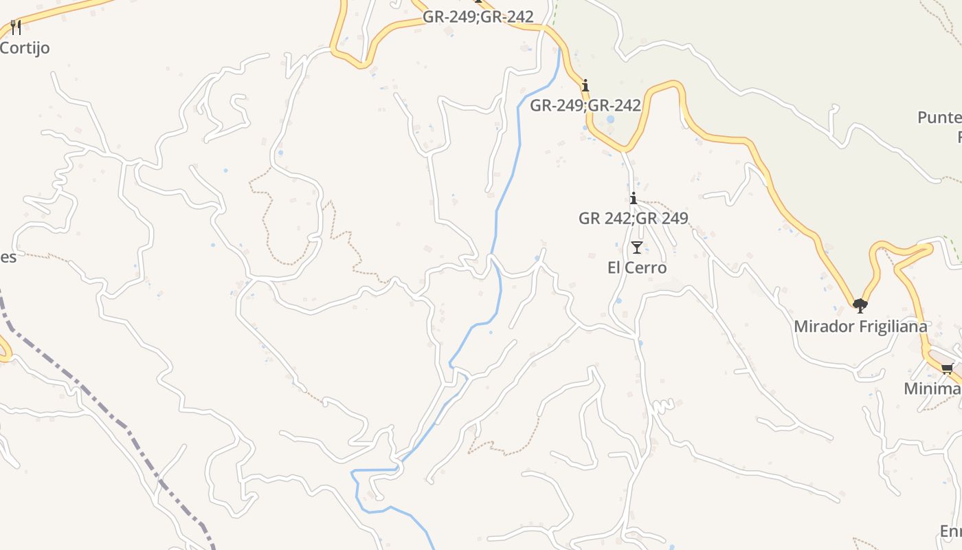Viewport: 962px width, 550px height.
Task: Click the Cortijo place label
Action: point(25,48)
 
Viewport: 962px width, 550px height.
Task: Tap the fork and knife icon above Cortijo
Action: point(16,27)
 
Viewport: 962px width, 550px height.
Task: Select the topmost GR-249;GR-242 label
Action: point(478,16)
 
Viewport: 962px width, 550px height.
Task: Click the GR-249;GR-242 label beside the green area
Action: point(585,105)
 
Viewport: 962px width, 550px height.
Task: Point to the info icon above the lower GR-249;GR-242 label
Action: point(585,86)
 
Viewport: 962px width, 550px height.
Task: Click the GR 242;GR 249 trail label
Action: point(633,218)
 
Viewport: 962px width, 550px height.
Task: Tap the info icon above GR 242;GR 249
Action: point(633,199)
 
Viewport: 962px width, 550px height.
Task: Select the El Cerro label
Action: point(637,267)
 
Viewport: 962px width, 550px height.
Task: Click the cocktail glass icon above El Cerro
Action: point(637,247)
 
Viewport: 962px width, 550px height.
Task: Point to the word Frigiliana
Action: point(893,326)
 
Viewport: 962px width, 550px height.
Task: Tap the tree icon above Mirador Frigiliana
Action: point(860,306)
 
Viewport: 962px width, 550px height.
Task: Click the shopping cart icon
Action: point(948,369)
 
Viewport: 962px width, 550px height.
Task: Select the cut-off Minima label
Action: point(932,388)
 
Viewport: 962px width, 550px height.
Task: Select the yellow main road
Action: point(790,199)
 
